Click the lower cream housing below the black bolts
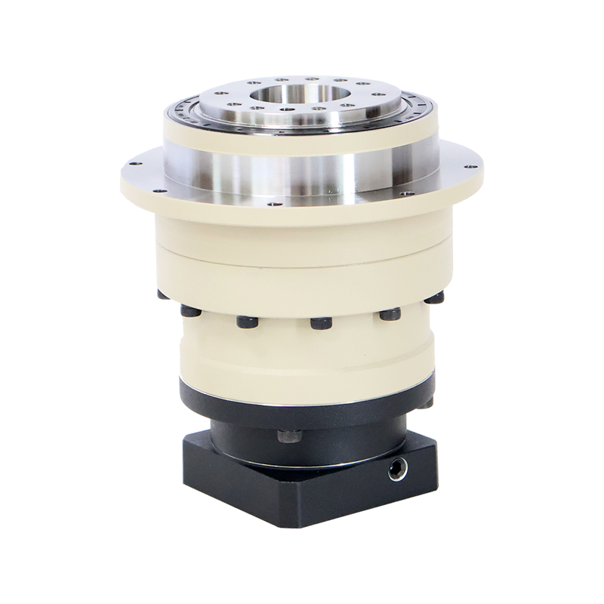(302, 355)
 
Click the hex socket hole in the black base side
(395, 470)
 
